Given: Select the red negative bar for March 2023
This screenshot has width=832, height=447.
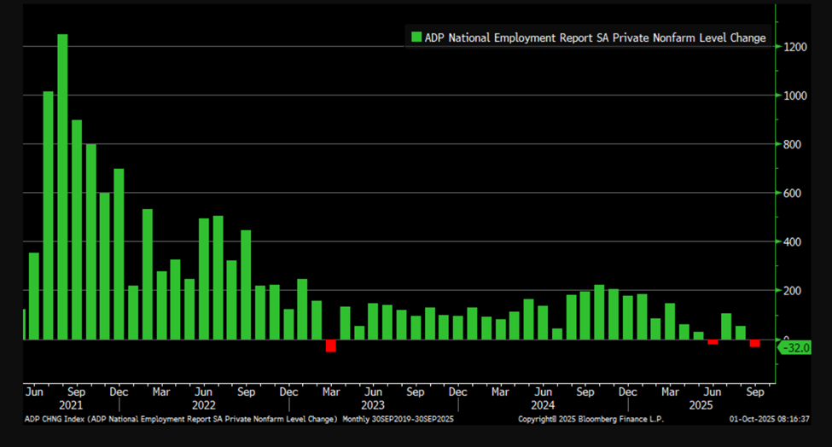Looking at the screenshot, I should click(330, 345).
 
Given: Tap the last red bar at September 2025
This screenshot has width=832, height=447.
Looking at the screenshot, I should click(754, 343).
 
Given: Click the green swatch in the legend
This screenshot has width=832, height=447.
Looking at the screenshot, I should click(416, 38).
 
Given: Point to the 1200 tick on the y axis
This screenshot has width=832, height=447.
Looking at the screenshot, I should click(795, 47).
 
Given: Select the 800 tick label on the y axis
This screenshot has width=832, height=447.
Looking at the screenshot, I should click(795, 145).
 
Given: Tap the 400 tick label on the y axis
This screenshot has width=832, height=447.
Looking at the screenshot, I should click(795, 242).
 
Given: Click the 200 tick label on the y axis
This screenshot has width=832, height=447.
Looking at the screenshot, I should click(795, 291).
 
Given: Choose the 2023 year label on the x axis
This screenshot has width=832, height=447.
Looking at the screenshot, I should click(373, 405).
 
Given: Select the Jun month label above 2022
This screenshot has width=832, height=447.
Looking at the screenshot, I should click(203, 392).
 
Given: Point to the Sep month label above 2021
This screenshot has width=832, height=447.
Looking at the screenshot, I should click(76, 392).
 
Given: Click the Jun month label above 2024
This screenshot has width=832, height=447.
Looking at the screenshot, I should click(543, 392).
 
